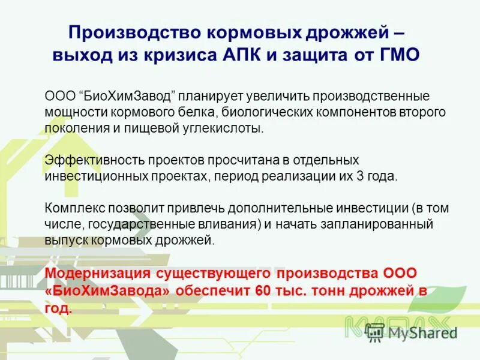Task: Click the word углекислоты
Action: [x=229, y=128]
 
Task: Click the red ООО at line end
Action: [x=398, y=273]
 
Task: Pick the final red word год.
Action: [x=58, y=308]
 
